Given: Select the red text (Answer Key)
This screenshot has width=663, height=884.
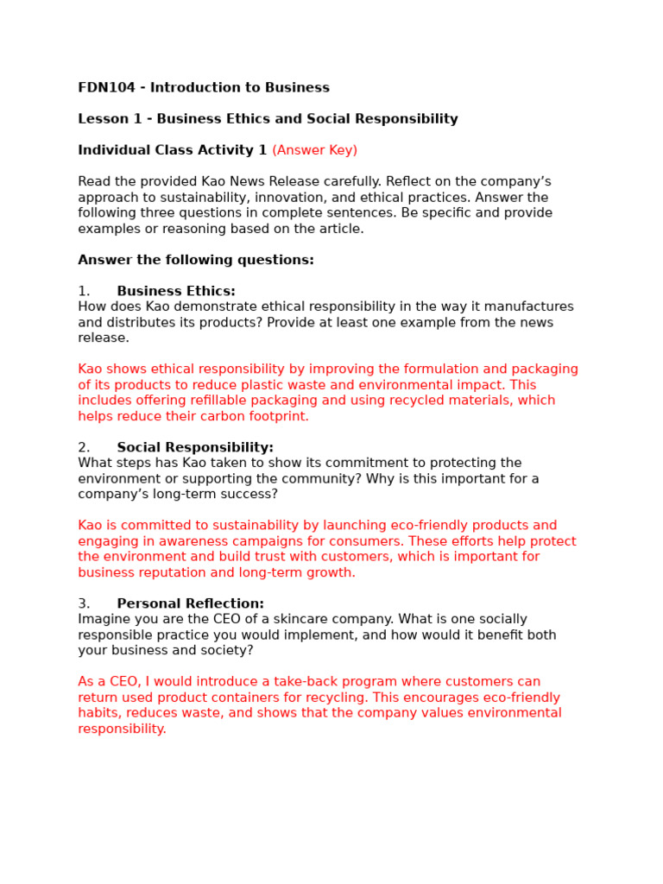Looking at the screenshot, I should point(314,150).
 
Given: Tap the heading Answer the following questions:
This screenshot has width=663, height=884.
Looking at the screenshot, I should point(196,260).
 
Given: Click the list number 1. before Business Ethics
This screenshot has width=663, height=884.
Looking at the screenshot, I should point(84,292).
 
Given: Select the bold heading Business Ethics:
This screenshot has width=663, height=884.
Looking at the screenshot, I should point(176,292).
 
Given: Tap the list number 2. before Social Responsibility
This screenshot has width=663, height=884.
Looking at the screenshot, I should point(84,448).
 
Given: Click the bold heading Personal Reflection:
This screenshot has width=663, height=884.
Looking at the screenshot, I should point(191,604).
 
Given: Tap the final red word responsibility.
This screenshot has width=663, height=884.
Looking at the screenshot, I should point(122,729).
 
